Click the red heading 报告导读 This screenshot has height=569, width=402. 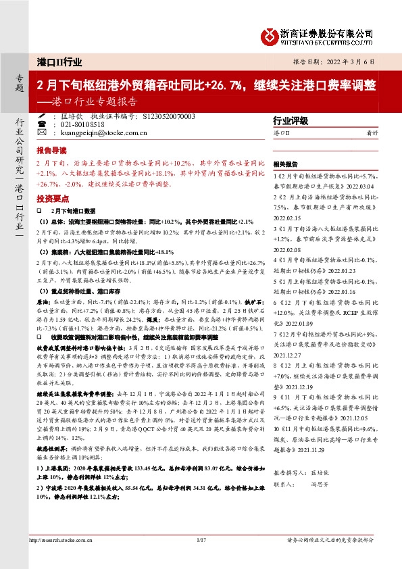click(51, 150)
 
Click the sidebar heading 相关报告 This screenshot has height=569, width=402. click(286, 164)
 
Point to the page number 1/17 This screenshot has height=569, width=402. click(201, 558)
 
